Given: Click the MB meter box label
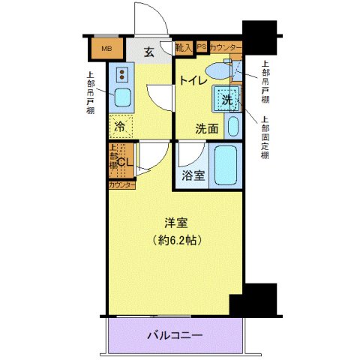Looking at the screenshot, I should click(x=107, y=50).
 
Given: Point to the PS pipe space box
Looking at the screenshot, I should click(x=201, y=47).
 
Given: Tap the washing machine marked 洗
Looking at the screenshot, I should click(x=228, y=99).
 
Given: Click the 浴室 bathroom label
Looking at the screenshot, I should click(x=194, y=176).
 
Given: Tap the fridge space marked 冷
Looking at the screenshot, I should click(x=120, y=127).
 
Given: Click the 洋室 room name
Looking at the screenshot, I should click(x=176, y=222).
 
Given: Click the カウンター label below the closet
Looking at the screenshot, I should click(x=121, y=184).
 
